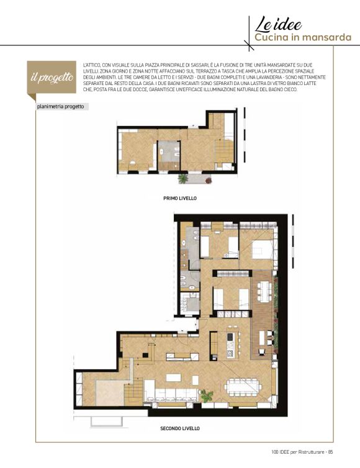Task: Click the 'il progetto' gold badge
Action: [x=52, y=78]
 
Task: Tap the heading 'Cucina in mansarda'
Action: [x=303, y=37]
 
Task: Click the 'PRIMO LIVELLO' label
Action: [x=180, y=198]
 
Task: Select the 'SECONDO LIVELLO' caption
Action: [x=180, y=428]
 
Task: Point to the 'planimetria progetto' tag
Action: [x=61, y=107]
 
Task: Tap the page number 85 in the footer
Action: [x=330, y=452]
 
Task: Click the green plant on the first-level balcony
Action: [x=182, y=179]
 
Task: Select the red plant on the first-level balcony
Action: [x=209, y=180]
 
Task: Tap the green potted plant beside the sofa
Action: [x=206, y=395]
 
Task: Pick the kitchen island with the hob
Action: [x=231, y=345]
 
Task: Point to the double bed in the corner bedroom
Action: [x=263, y=250]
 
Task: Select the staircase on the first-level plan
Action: [x=224, y=151]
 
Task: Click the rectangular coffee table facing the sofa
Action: [x=173, y=377]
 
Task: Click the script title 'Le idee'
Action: [x=278, y=25]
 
